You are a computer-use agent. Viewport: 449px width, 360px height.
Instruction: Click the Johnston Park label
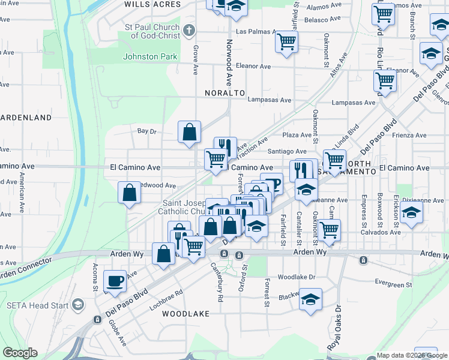pyautogui.click(x=150, y=57)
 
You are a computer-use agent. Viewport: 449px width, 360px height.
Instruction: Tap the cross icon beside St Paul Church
pyautogui.click(x=189, y=30)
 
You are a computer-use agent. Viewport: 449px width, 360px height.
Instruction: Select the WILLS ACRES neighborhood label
pyautogui.click(x=152, y=4)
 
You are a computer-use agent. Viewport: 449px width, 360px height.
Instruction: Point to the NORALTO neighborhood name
pyautogui.click(x=225, y=93)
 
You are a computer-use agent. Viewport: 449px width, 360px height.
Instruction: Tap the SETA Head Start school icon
pyautogui.click(x=77, y=305)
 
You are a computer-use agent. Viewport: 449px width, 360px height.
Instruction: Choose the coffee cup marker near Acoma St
pyautogui.click(x=115, y=280)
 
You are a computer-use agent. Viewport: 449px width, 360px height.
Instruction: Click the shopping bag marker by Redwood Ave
pyautogui.click(x=129, y=193)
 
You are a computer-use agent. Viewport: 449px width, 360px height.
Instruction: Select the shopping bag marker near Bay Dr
pyautogui.click(x=189, y=131)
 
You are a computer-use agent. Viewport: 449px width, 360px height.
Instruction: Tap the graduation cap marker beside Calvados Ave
pyautogui.click(x=411, y=212)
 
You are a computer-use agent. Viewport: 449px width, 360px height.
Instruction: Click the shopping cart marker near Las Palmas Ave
pyautogui.click(x=286, y=41)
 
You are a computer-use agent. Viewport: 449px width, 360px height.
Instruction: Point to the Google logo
pyautogui.click(x=20, y=353)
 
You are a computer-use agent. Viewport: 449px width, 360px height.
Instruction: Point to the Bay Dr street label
pyautogui.click(x=146, y=131)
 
